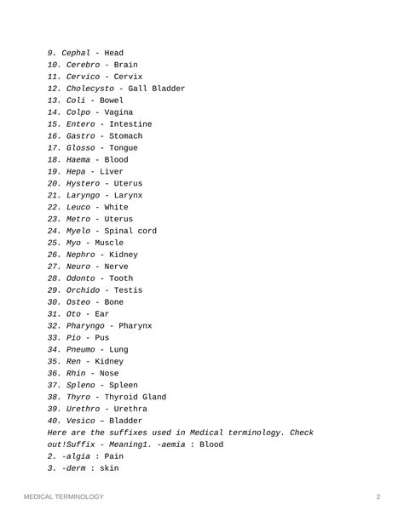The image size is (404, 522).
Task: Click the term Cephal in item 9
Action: (76, 53)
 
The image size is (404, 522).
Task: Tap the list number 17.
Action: (55, 148)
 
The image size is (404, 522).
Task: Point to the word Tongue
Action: (124, 148)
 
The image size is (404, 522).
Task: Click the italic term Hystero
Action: (83, 184)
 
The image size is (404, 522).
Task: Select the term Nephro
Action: (80, 255)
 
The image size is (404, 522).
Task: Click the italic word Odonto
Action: (80, 278)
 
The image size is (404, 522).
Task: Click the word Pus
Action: (101, 338)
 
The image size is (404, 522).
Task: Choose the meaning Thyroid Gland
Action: (135, 397)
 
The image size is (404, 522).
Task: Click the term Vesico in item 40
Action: (83, 421)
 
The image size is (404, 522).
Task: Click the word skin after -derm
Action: (109, 468)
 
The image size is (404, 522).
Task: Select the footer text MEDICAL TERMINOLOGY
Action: (64, 497)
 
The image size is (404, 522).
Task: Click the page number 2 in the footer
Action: (378, 497)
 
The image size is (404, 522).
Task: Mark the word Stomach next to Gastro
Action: (126, 136)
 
